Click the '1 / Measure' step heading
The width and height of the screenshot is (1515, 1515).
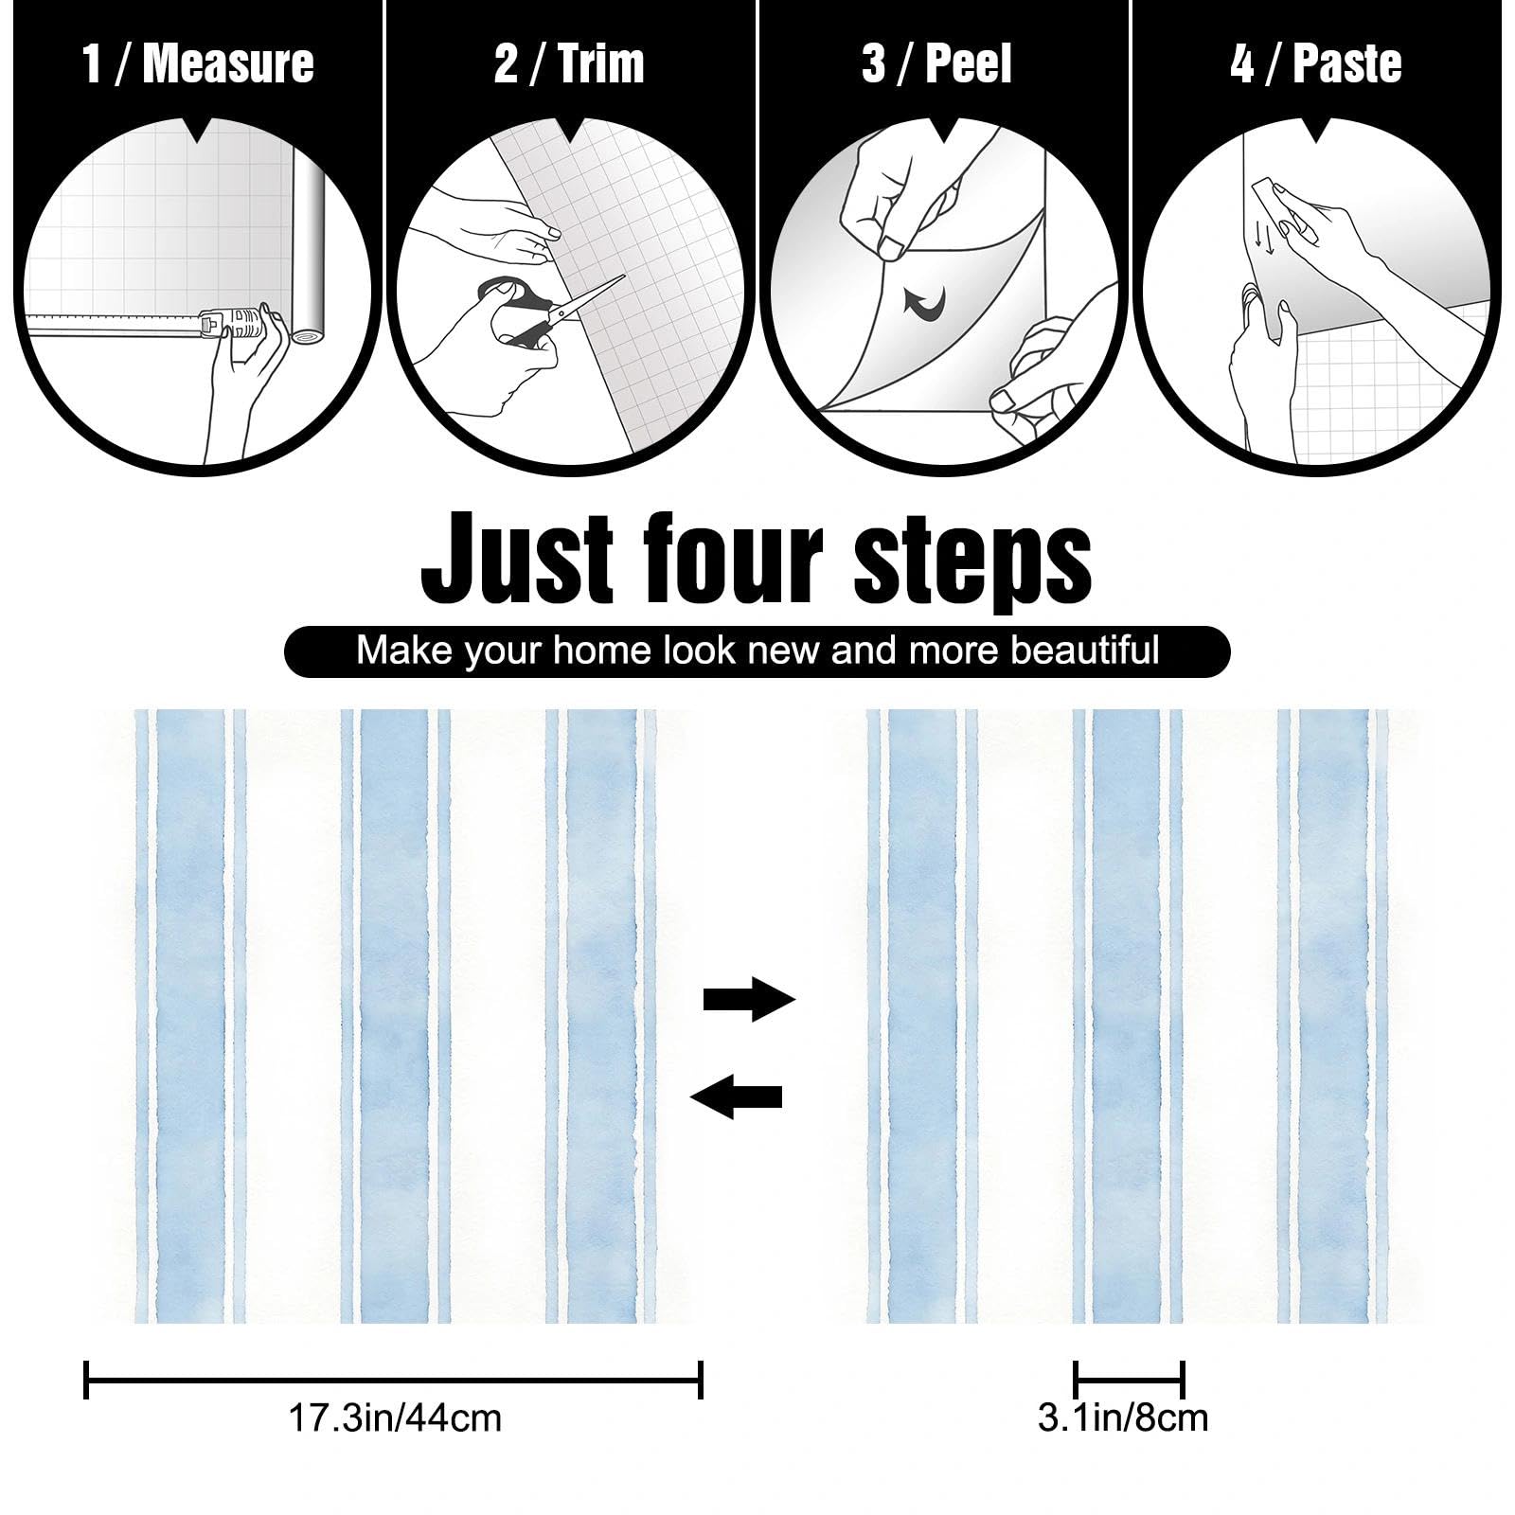[x=198, y=64]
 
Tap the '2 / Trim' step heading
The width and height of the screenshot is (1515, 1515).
[x=569, y=64]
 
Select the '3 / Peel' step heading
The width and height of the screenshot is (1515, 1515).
[x=936, y=64]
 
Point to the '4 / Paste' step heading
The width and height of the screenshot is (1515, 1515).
[x=1316, y=64]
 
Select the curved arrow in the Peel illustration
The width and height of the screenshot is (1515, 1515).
[x=924, y=303]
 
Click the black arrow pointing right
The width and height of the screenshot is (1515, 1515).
[x=749, y=998]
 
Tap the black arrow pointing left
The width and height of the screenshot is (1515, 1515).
[x=737, y=1096]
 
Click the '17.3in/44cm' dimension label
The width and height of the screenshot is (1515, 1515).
[x=395, y=1417]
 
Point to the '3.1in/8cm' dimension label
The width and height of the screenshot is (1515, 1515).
[x=1123, y=1417]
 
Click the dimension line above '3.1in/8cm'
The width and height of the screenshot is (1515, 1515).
[x=1129, y=1379]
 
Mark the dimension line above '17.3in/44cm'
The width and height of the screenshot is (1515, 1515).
[x=393, y=1379]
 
